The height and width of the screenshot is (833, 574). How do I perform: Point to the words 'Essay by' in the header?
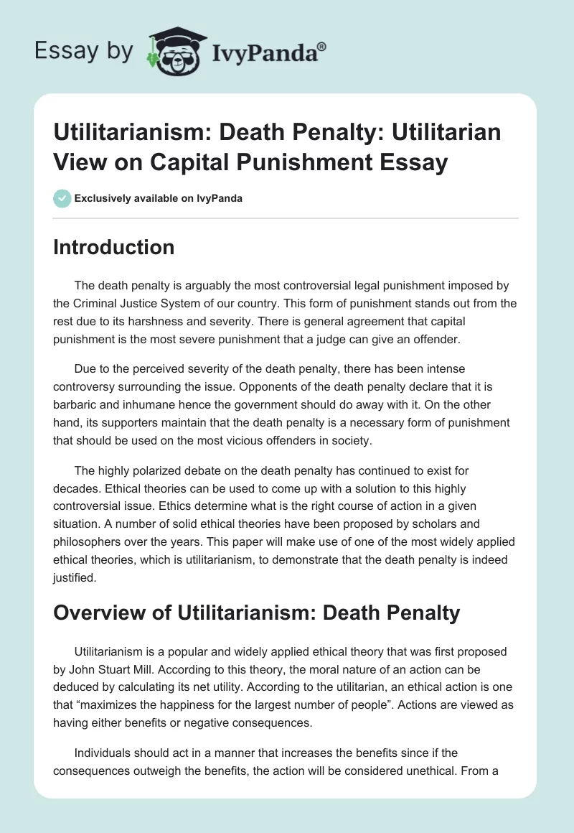pos(83,52)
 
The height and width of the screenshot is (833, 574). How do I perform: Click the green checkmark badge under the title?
pos(62,198)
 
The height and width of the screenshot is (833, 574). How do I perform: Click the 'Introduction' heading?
pos(114,247)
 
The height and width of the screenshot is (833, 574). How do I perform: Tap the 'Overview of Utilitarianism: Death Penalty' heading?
pos(256,613)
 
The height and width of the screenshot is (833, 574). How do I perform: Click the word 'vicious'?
pos(242,440)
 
